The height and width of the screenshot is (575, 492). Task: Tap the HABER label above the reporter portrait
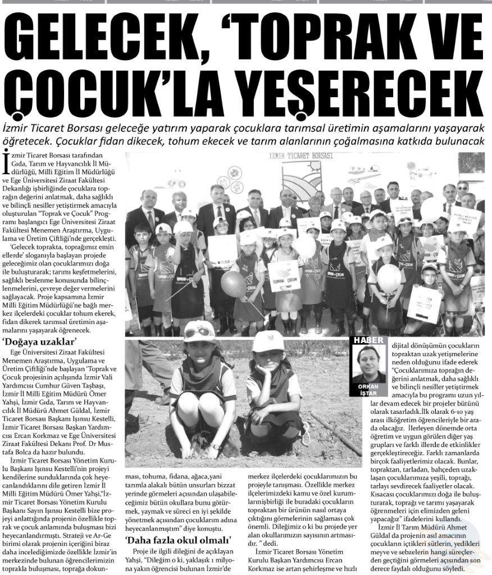[x=368, y=340]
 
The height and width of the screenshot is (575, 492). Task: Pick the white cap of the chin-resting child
[x=269, y=341]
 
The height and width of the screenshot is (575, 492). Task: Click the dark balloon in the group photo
[x=233, y=284]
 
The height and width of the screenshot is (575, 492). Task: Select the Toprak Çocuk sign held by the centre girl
[x=283, y=275]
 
